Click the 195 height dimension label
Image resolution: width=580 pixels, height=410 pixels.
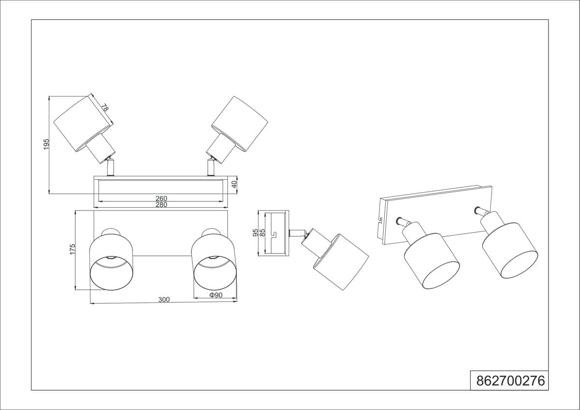[46, 144]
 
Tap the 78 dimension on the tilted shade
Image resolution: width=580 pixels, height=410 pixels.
[104, 107]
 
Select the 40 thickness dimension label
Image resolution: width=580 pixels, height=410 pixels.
[234, 184]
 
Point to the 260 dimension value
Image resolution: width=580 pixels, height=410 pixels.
[161, 198]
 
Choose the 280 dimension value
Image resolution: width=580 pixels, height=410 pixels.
[161, 205]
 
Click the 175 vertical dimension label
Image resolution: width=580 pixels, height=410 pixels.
[72, 249]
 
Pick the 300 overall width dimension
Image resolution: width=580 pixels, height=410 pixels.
[164, 299]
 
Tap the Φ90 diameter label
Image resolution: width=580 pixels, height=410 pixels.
[216, 295]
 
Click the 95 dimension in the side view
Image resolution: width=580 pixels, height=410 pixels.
[255, 233]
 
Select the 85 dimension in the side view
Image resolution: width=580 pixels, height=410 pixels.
[262, 233]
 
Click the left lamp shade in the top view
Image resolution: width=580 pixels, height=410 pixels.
[84, 125]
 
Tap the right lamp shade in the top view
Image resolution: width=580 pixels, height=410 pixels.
[240, 125]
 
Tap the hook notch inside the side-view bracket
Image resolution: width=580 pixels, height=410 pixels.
[274, 234]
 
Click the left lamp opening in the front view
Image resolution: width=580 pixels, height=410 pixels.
[111, 273]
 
